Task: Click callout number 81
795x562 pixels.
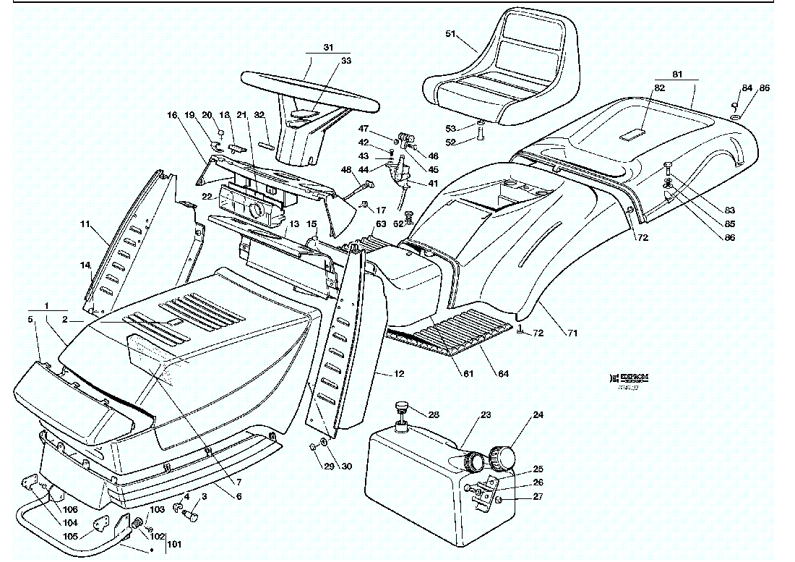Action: pos(677,74)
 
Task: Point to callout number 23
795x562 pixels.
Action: pos(486,415)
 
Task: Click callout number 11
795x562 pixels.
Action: pos(85,226)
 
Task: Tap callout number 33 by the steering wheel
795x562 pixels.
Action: pos(346,61)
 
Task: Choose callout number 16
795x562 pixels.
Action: pos(172,115)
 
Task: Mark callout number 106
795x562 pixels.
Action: pos(70,510)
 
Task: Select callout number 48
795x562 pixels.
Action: pos(346,170)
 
